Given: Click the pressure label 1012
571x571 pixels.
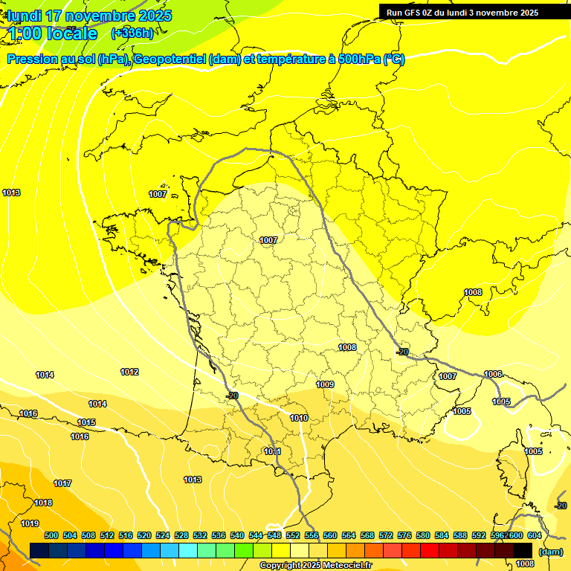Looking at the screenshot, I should click(129, 372).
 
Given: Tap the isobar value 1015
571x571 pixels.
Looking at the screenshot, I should click(86, 422).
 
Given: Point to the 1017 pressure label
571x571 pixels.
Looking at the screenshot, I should click(62, 483).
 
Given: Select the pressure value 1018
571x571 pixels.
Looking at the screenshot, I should click(43, 503).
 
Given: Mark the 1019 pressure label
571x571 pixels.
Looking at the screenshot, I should click(30, 523).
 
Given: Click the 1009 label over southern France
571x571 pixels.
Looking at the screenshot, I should click(325, 384).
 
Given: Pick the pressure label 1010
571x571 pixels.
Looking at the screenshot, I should click(299, 418).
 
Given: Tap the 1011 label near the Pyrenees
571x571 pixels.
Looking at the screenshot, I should click(272, 451).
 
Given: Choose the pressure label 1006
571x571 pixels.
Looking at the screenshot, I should click(493, 374).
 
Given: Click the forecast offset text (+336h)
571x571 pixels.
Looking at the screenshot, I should click(132, 33).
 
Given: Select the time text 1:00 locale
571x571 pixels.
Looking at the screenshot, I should click(52, 33).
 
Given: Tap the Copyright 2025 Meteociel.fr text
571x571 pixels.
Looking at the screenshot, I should click(314, 566).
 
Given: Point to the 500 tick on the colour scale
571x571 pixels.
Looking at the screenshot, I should click(51, 535).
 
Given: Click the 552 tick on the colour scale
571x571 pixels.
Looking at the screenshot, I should click(293, 535).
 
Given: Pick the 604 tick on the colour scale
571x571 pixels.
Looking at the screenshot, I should click(534, 535).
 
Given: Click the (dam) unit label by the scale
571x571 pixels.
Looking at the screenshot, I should click(550, 552).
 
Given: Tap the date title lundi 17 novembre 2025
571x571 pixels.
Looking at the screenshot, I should click(89, 16).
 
